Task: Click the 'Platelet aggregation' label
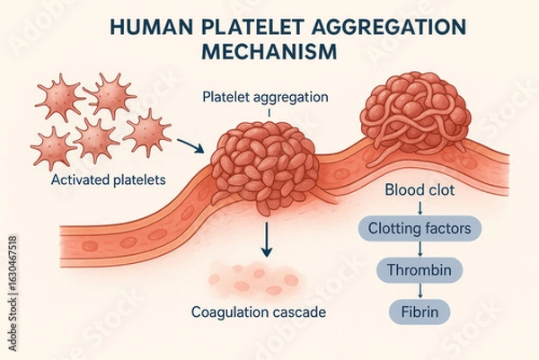(266, 97)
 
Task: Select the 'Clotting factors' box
(419, 229)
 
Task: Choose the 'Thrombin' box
(418, 269)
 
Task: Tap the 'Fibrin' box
(418, 311)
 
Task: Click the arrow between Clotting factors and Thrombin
(419, 250)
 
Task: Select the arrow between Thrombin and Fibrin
(419, 291)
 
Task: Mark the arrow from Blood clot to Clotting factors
(419, 209)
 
